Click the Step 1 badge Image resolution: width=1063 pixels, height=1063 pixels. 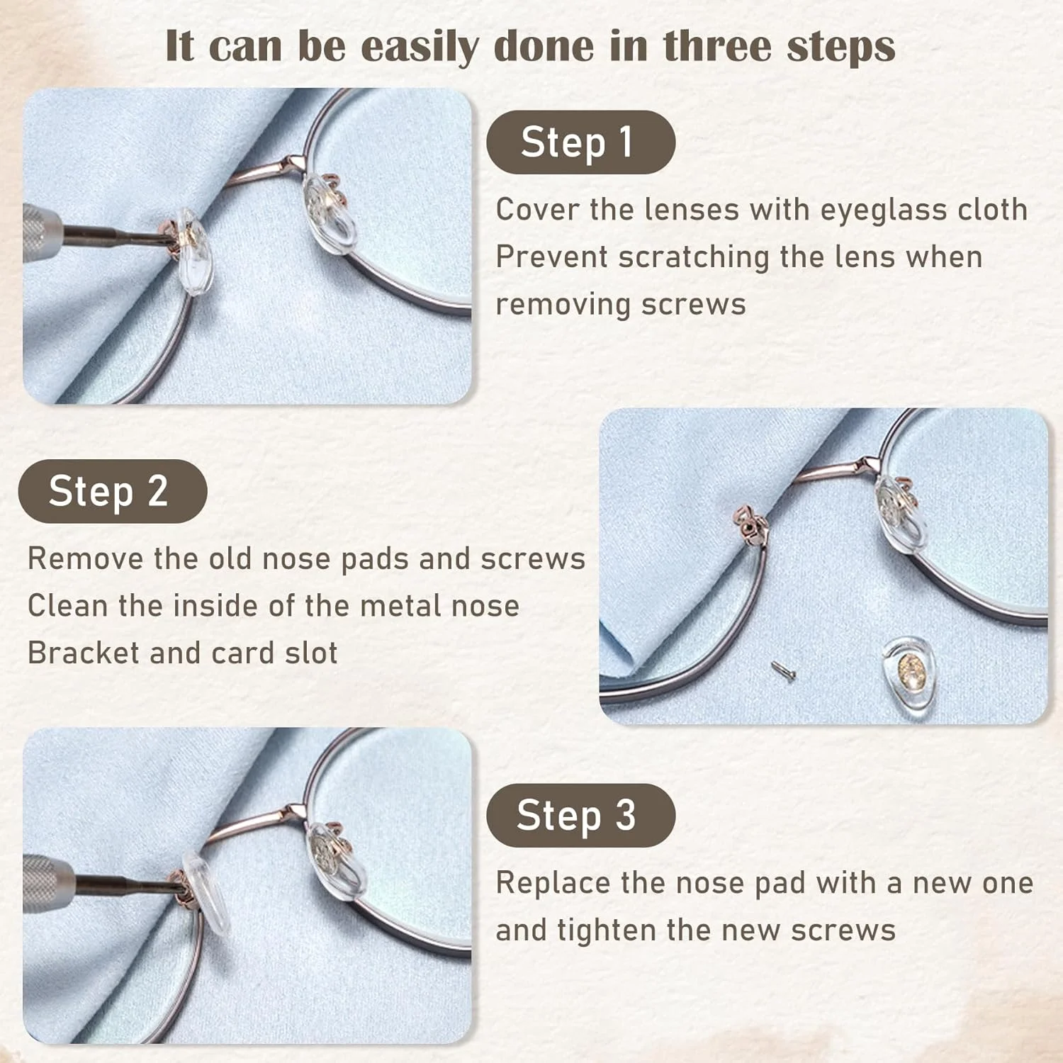[x=580, y=142]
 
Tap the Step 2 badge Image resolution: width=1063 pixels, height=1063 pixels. [x=113, y=491]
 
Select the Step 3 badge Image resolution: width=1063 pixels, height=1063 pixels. [x=580, y=816]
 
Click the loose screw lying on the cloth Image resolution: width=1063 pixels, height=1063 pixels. [x=783, y=668]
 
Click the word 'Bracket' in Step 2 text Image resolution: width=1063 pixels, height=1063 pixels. [x=84, y=653]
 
